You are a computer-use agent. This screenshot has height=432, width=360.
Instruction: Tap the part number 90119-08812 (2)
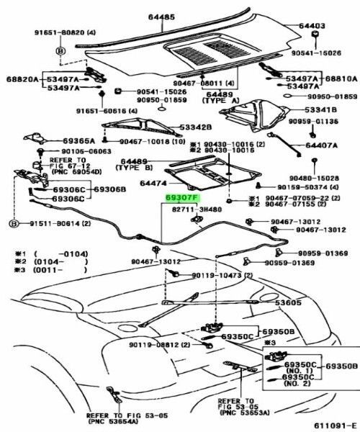coord(160,346)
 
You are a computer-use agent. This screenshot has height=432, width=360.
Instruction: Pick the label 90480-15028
coord(314,177)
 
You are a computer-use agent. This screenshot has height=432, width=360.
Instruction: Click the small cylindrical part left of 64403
coord(315,37)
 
